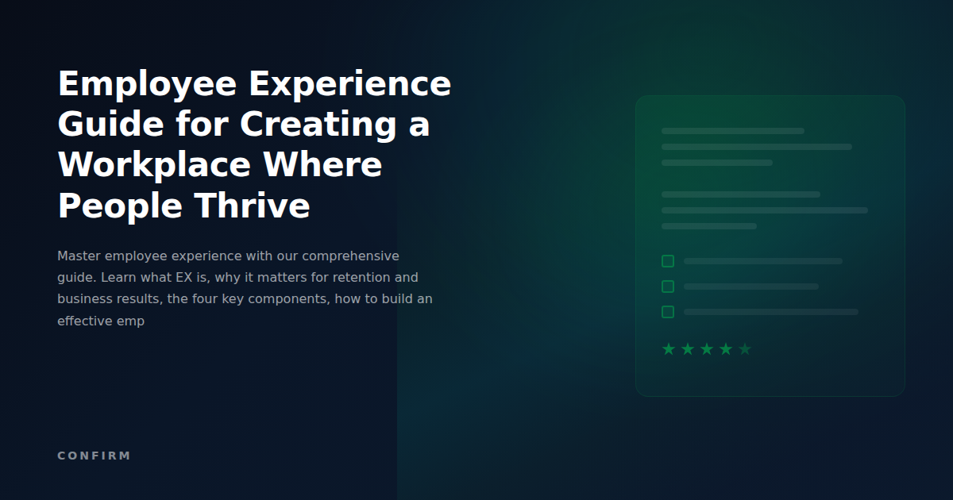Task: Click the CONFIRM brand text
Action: click(x=94, y=456)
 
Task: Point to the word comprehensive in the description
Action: click(x=350, y=256)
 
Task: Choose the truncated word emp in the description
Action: click(x=131, y=322)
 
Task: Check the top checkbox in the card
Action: click(x=668, y=261)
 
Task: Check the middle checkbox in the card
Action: click(x=668, y=287)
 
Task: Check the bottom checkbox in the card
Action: click(x=668, y=312)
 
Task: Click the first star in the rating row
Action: click(x=669, y=349)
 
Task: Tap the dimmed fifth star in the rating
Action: click(x=745, y=349)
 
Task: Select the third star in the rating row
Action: click(x=707, y=349)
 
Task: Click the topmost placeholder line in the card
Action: click(x=732, y=131)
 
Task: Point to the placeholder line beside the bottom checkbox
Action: click(x=770, y=312)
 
